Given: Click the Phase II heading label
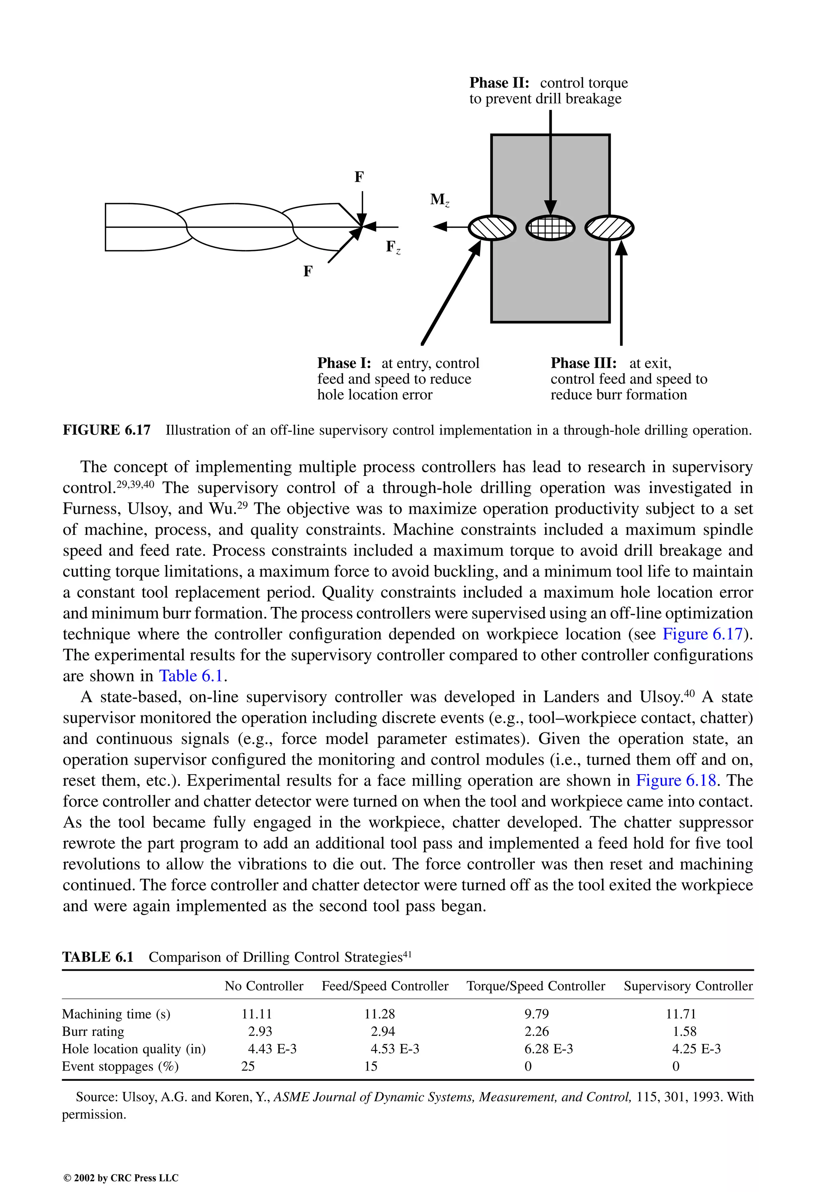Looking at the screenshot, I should tap(499, 82).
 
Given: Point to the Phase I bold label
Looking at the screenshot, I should tap(344, 363).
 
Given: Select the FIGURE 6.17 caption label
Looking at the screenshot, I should tap(107, 430).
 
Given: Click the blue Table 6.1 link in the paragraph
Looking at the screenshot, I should tap(191, 676).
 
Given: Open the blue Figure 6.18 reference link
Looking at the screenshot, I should tap(676, 781).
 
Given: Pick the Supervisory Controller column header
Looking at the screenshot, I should tap(688, 986).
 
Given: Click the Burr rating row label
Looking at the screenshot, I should tap(93, 1032).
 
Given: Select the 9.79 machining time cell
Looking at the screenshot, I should tap(536, 1014).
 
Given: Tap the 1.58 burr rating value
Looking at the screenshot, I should tap(684, 1032).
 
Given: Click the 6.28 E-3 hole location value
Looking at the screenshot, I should tap(548, 1049).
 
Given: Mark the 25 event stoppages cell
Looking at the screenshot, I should tap(248, 1066).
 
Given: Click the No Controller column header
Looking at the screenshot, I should tap(264, 986).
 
